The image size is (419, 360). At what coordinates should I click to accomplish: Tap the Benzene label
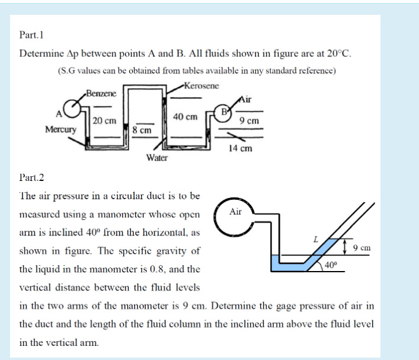(x=101, y=94)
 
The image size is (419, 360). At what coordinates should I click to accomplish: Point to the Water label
(x=157, y=158)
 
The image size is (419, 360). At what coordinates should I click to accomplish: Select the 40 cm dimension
(x=185, y=117)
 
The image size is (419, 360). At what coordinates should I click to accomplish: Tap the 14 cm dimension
(x=240, y=148)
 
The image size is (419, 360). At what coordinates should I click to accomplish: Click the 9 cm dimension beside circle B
(x=249, y=121)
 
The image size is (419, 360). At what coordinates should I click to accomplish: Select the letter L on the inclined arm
(x=316, y=238)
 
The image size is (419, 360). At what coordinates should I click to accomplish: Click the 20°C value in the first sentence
(x=338, y=52)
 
